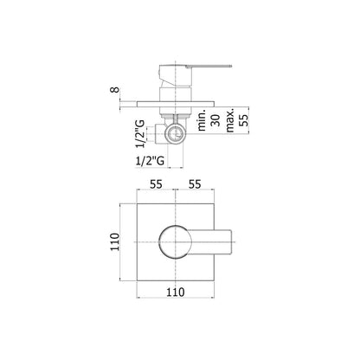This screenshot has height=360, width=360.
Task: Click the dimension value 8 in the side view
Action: pyautogui.click(x=115, y=90)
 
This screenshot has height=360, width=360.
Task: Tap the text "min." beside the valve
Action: pyautogui.click(x=202, y=120)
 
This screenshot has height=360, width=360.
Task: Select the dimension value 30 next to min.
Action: pyautogui.click(x=215, y=120)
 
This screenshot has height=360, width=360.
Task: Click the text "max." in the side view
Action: pyautogui.click(x=230, y=120)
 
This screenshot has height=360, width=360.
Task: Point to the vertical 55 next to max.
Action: pyautogui.click(x=244, y=120)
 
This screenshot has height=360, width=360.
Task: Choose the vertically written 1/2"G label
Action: pyautogui.click(x=140, y=134)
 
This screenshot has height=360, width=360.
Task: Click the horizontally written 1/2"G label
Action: pyautogui.click(x=150, y=160)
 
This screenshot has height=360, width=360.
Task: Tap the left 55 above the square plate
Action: pyautogui.click(x=156, y=184)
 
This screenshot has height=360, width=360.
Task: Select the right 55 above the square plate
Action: pyautogui.click(x=195, y=184)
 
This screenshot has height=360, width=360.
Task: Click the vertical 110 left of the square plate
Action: pyautogui.click(x=115, y=241)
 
